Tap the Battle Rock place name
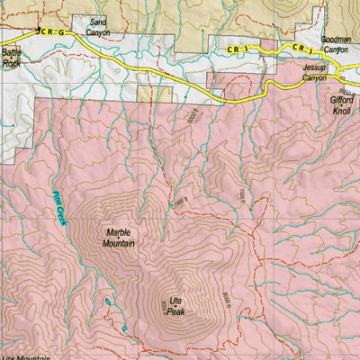(x=11, y=58)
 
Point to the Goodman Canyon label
(x=336, y=45)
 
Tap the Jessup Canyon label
(x=315, y=73)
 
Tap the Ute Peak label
(x=175, y=306)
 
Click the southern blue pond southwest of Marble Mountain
(x=122, y=329)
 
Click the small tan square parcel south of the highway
(x=214, y=93)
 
